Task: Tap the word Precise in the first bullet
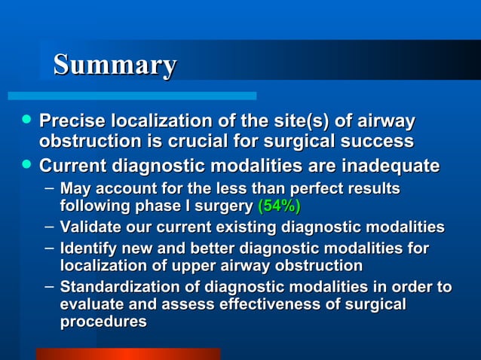click(x=72, y=121)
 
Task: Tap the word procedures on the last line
click(x=103, y=322)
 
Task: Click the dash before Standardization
click(x=49, y=286)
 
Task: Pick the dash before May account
click(x=49, y=187)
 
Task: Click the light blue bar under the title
click(x=132, y=96)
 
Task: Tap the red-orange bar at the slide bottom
click(x=127, y=353)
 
